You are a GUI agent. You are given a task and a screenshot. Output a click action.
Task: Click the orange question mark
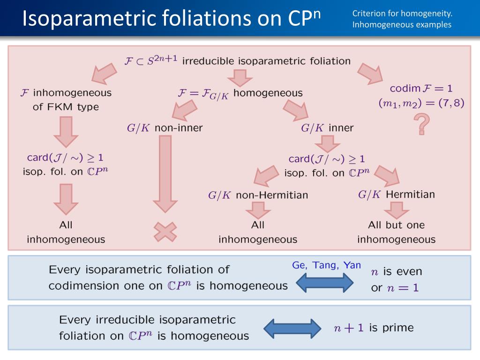pyautogui.click(x=422, y=125)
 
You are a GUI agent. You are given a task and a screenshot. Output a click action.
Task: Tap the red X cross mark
pyautogui.click(x=165, y=231)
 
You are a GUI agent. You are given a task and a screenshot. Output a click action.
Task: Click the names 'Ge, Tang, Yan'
pyautogui.click(x=326, y=265)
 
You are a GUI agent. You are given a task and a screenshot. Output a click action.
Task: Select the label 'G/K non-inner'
pyautogui.click(x=165, y=127)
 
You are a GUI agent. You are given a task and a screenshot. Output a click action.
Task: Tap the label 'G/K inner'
pyautogui.click(x=327, y=127)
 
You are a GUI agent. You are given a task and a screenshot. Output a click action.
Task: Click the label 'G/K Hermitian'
pyautogui.click(x=396, y=194)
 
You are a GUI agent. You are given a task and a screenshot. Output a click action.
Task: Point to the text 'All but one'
pyautogui.click(x=396, y=225)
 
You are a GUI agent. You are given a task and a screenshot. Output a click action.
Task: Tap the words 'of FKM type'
pyautogui.click(x=66, y=107)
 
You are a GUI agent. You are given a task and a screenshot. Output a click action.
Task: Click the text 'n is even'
pyautogui.click(x=396, y=271)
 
